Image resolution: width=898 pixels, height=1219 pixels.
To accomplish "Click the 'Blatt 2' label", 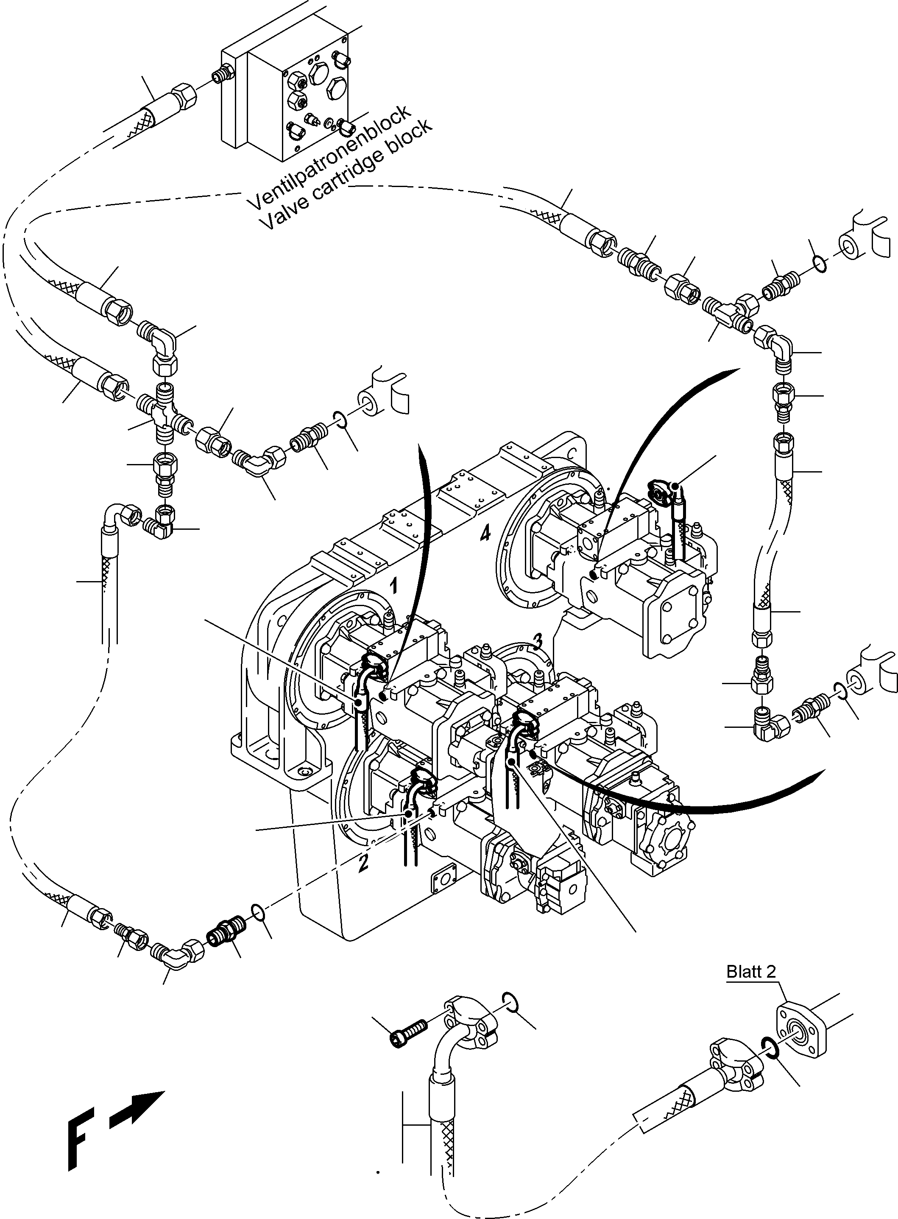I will [751, 972].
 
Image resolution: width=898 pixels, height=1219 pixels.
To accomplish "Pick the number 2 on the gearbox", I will [363, 862].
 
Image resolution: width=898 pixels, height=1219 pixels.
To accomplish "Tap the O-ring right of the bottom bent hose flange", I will [509, 999].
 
